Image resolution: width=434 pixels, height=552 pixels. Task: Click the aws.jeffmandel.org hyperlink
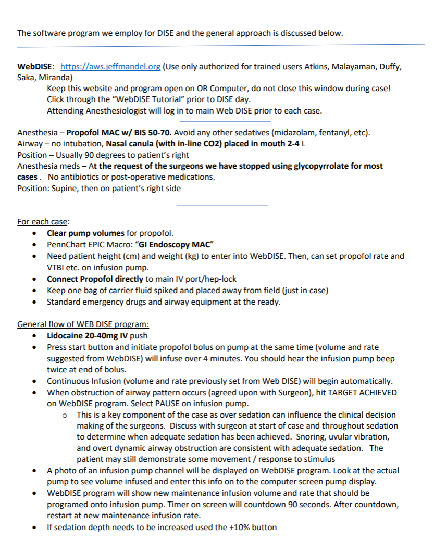point(110,67)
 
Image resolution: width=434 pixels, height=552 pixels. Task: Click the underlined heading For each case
point(39,222)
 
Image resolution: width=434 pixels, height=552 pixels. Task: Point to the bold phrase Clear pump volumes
point(85,233)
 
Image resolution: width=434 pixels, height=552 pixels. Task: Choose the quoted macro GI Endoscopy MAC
point(176,244)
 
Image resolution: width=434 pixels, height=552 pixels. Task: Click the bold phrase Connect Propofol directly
point(95,279)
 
